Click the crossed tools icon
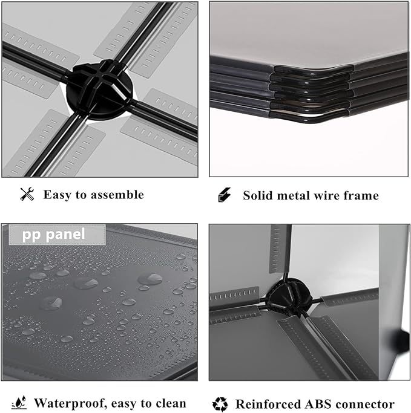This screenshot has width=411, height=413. coord(27,194)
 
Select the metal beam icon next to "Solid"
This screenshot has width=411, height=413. coord(225,195)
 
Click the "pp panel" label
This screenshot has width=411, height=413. coord(53,235)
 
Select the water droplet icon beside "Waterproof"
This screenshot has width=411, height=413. coord(19,403)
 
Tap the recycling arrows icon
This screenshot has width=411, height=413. coord(220,404)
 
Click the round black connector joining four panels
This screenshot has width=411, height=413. coord(99,90)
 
